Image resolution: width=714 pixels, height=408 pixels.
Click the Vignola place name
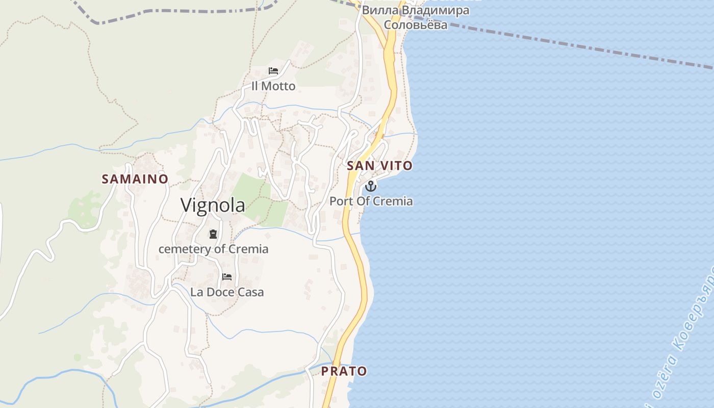[x=213, y=205]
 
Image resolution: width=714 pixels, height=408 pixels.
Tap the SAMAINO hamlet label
[x=135, y=179]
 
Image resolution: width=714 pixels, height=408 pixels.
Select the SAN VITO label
[x=379, y=166]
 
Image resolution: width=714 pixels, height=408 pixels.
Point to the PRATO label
[x=344, y=371]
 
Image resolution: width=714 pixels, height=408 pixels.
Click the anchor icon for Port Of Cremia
[x=371, y=186]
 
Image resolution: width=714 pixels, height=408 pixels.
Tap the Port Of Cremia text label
[x=371, y=201]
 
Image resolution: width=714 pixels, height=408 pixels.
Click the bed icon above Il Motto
[x=273, y=71]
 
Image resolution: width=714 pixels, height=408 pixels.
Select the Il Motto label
[x=273, y=86]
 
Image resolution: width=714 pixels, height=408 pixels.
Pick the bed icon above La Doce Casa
[x=227, y=277]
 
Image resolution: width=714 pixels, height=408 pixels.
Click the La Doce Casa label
[x=227, y=292]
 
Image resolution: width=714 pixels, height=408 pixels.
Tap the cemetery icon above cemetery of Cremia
[x=213, y=234]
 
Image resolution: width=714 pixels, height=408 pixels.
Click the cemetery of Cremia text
[x=213, y=249]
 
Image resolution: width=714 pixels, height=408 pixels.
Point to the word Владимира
[x=435, y=10]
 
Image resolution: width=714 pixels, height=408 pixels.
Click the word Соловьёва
[x=415, y=24]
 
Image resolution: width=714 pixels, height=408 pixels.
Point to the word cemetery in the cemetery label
[x=185, y=249]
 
